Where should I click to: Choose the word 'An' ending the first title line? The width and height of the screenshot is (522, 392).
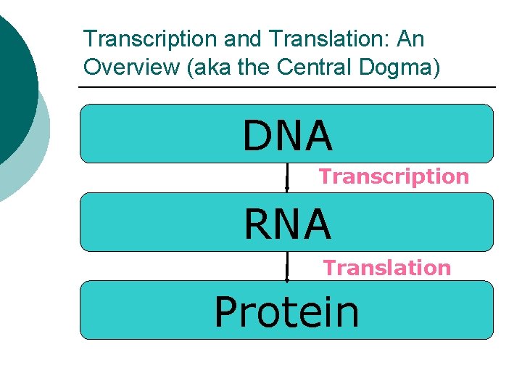pos(410,38)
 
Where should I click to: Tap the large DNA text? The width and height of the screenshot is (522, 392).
pos(288,136)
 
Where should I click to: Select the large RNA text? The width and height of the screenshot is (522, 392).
pos(288,224)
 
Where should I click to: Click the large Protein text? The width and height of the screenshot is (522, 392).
pos(286,312)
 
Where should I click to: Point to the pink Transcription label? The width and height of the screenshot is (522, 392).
pos(394,176)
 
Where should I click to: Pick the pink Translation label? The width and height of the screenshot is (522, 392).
pos(386,268)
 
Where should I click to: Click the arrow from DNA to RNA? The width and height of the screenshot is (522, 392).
pos(287,177)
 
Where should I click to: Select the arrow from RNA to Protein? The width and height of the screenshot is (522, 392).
pos(287,266)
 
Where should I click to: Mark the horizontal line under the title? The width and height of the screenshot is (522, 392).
pos(286,87)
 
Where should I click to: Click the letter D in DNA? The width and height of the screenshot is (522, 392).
pos(257,136)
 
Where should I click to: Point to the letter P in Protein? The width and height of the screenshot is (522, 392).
pos(228,312)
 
